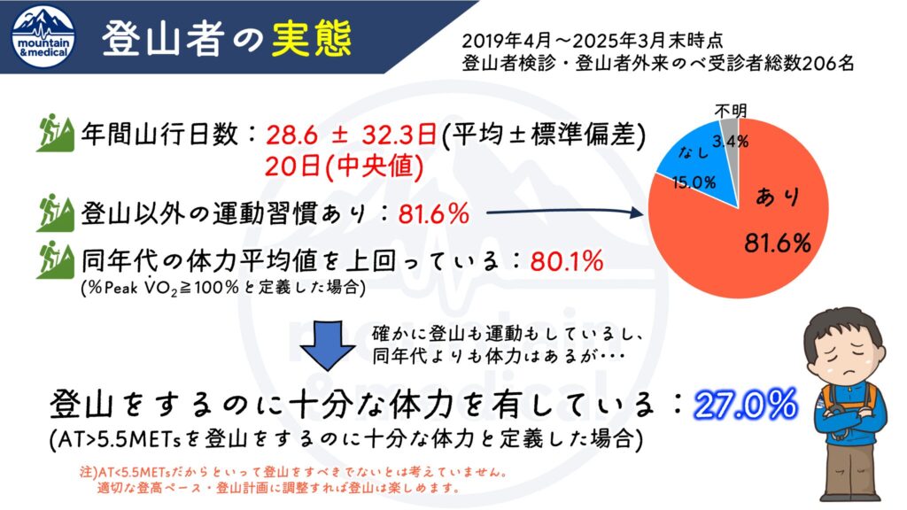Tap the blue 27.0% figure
745,406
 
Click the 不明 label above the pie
732,111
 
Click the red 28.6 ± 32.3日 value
350,135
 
